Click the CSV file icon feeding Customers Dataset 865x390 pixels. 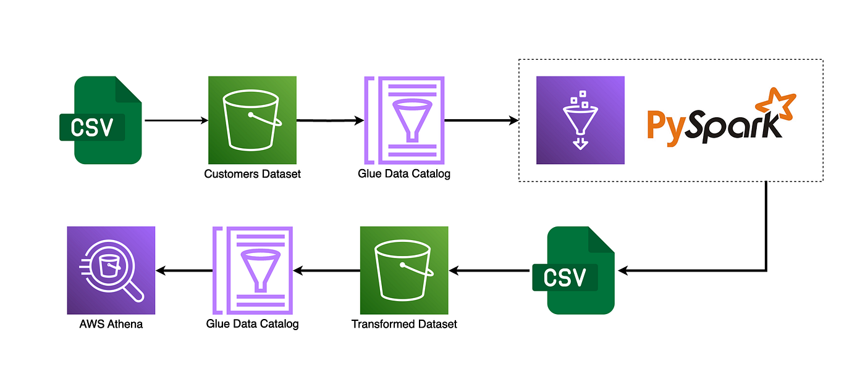coord(101,120)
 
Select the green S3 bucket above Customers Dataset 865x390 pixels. coord(252,120)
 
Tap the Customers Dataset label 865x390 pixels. coord(252,174)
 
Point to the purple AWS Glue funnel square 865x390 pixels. coord(580,120)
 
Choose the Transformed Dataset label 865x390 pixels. coord(404,324)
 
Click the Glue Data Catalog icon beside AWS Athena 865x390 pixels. coord(253,270)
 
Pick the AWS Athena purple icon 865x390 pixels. coord(111,270)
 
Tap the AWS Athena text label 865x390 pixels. coord(111,324)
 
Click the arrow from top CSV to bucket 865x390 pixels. coord(175,121)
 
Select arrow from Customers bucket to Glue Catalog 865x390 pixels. coord(330,121)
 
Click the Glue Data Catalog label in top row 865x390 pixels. coord(404,174)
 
